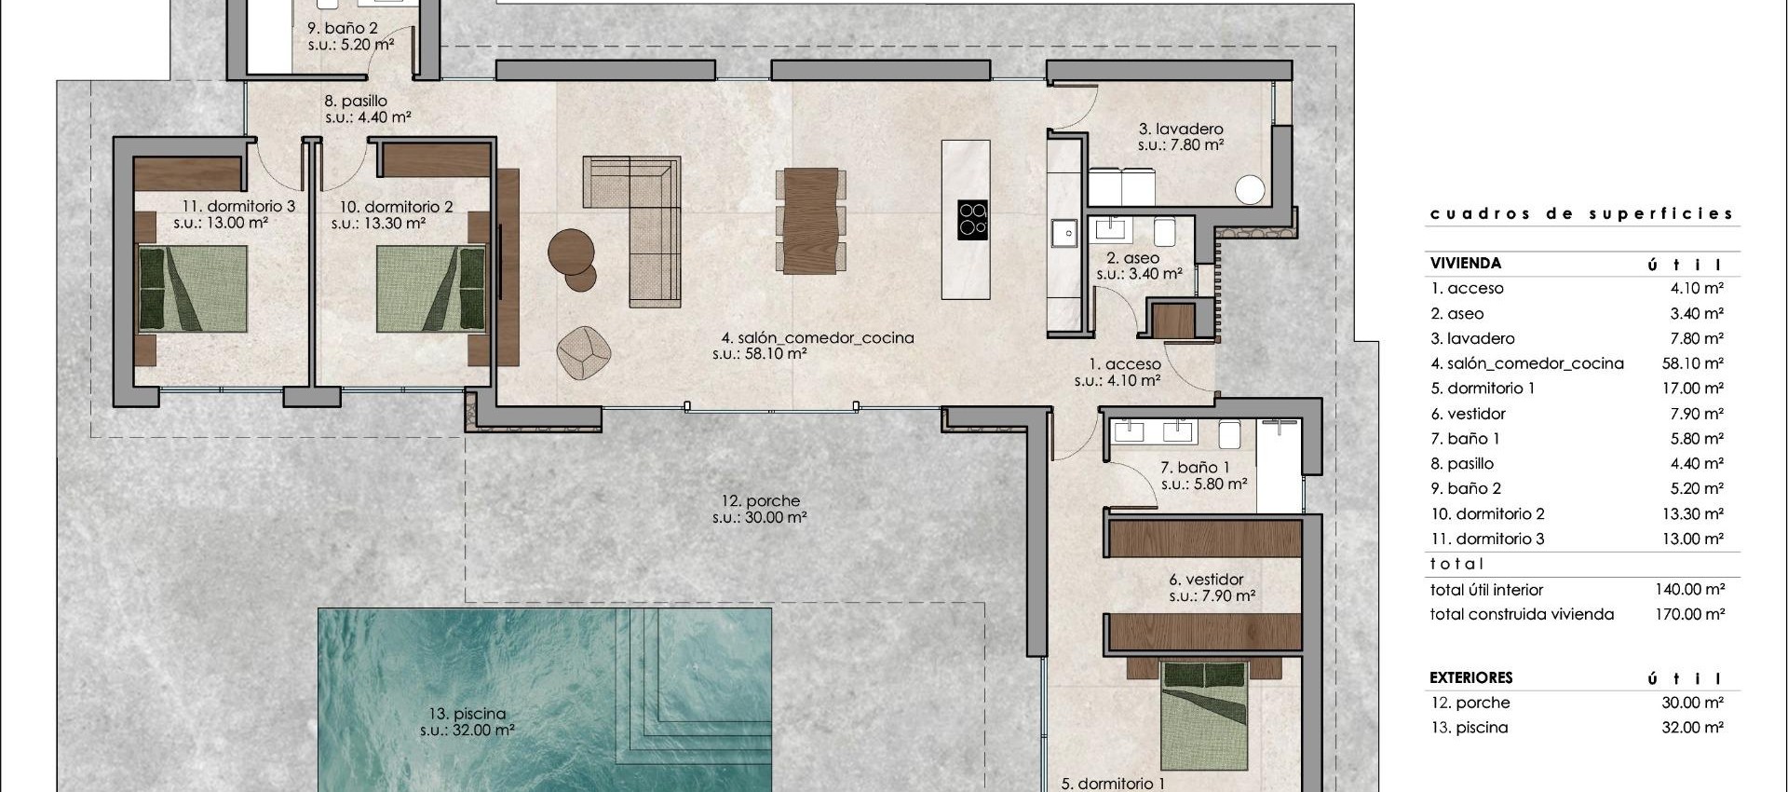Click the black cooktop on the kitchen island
[x=972, y=220]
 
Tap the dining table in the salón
[x=811, y=219]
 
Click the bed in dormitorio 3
[x=193, y=289]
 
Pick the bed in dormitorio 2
[x=431, y=289]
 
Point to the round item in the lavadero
[x=1250, y=189]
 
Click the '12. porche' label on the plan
[x=760, y=501]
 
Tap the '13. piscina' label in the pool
[x=467, y=715]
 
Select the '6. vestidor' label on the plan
[x=1206, y=580]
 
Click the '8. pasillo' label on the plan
[x=356, y=101]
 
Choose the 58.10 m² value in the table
[x=1692, y=363]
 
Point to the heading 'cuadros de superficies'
[x=1581, y=213]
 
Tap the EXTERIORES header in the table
[x=1470, y=677]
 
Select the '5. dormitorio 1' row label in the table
[x=1483, y=389]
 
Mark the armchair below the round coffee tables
[x=584, y=353]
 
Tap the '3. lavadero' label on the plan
[x=1180, y=130]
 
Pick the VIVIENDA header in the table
[x=1466, y=264]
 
